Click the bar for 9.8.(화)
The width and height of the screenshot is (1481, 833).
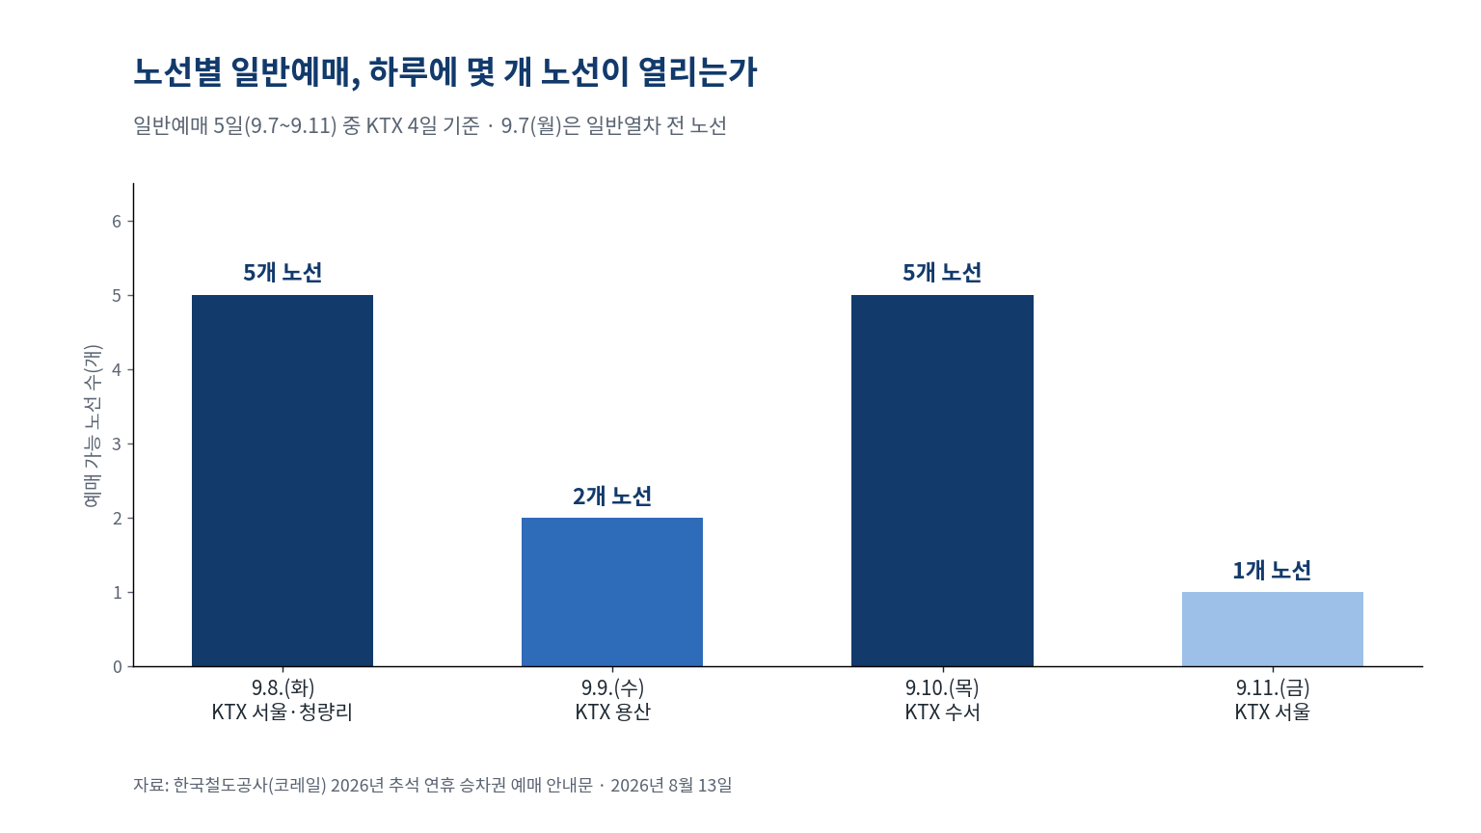(283, 481)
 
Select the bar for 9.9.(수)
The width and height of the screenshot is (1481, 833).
(612, 592)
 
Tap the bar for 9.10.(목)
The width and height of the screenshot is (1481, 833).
(942, 481)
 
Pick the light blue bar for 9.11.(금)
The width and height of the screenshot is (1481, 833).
(1273, 630)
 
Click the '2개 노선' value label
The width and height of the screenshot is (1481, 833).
(612, 496)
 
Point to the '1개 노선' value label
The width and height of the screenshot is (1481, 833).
(1272, 570)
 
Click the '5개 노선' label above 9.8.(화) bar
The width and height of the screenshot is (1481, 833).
(283, 273)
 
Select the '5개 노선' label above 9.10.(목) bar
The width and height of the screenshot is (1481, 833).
(942, 273)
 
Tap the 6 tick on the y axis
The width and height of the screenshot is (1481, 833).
(117, 222)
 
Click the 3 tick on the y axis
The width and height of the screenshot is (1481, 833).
(117, 443)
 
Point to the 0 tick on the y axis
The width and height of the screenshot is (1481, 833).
(117, 666)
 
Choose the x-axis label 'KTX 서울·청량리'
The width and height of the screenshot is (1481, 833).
(283, 712)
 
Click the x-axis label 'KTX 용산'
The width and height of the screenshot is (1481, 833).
(612, 712)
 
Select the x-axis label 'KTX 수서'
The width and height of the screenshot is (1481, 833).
(942, 712)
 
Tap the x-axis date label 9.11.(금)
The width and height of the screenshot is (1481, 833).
(1273, 688)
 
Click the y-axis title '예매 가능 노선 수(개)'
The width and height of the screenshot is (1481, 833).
(93, 426)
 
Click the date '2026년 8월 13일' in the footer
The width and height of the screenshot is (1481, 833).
(671, 786)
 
